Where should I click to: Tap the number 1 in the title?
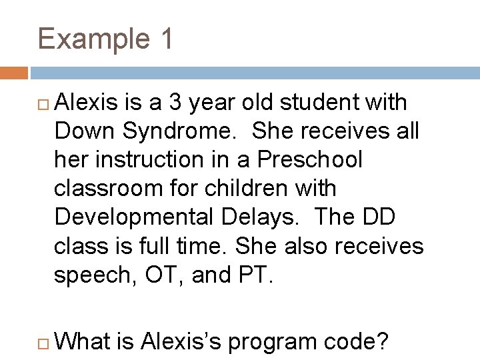[x=165, y=39]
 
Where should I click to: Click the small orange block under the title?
[x=14, y=73]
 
